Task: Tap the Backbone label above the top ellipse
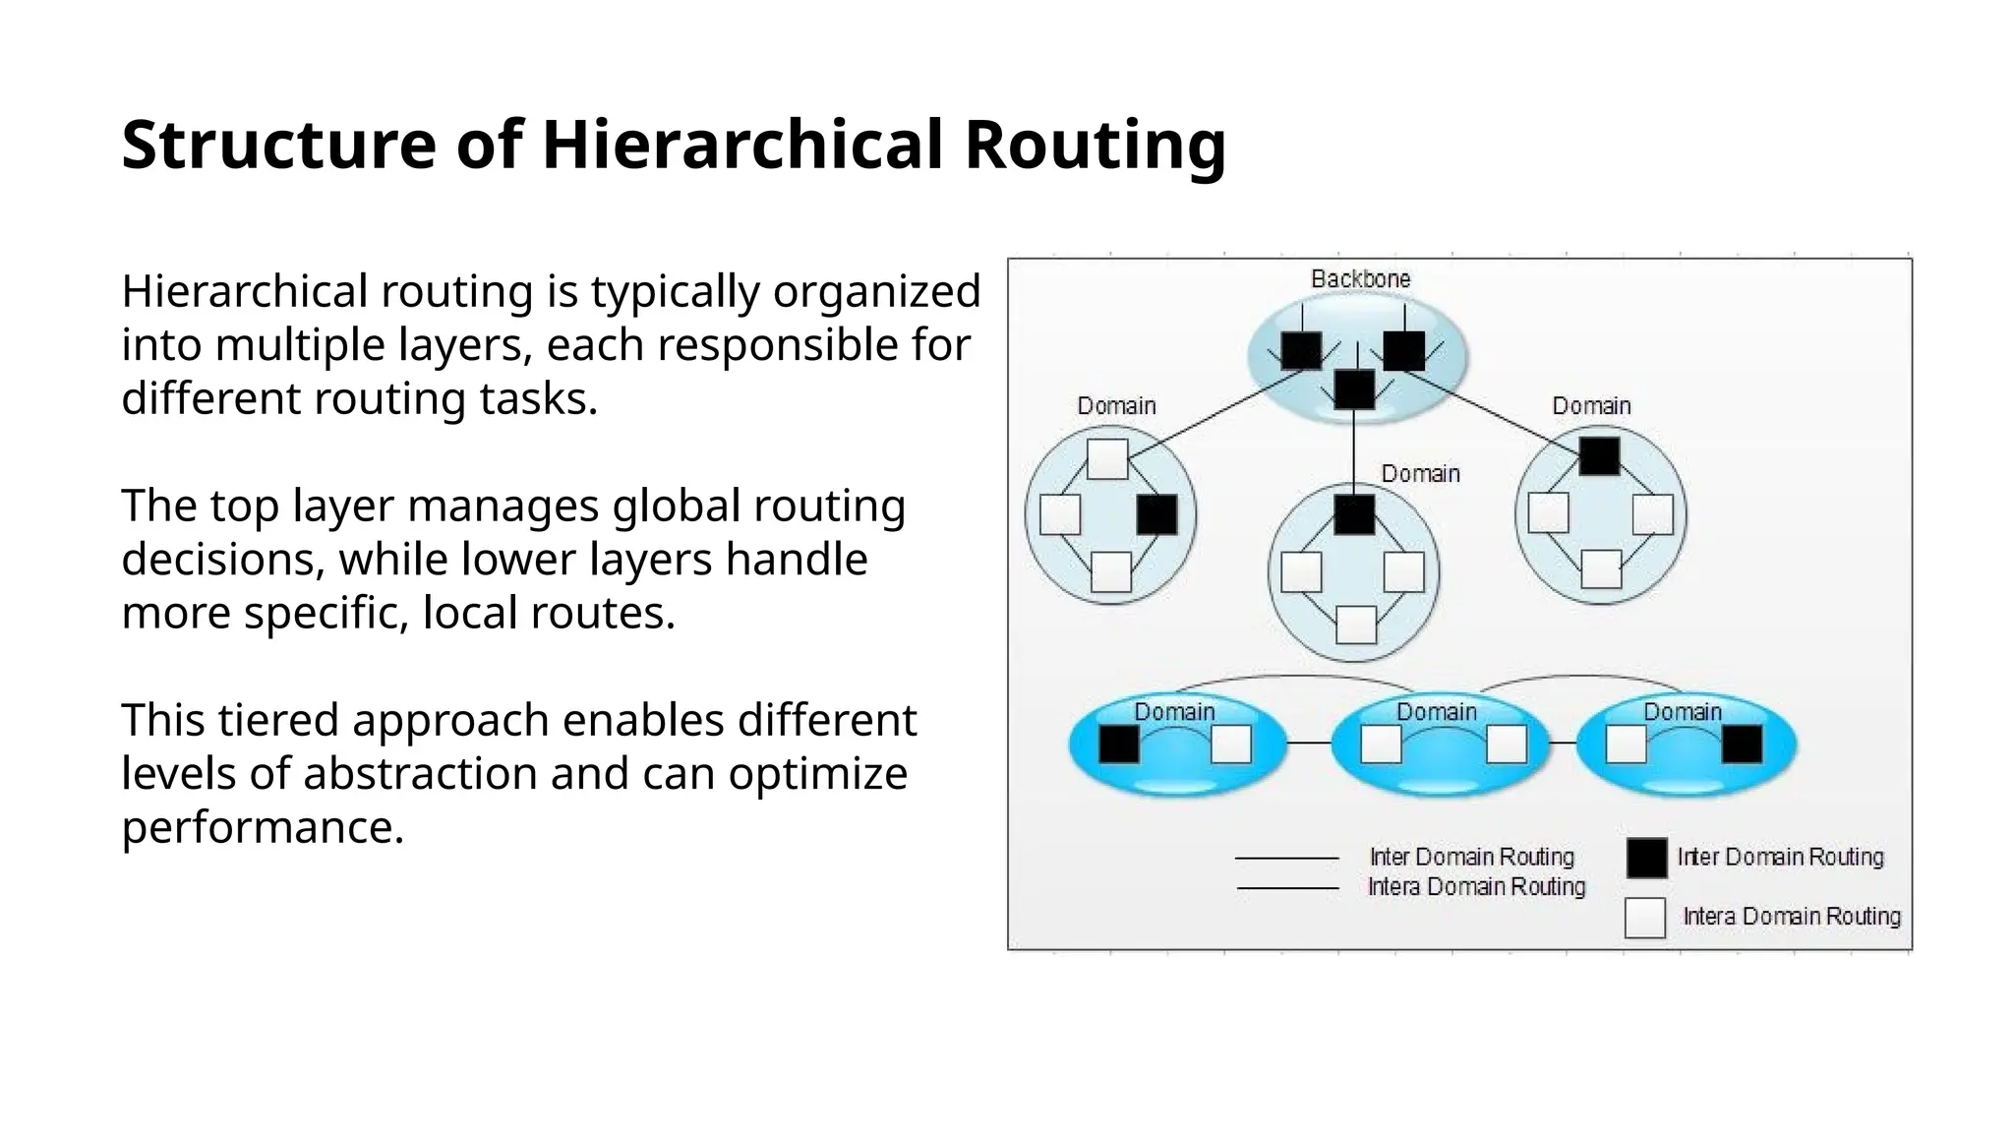(x=1360, y=279)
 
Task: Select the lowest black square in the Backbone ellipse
(x=1354, y=389)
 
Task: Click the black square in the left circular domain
(x=1156, y=514)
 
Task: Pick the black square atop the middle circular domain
(x=1354, y=514)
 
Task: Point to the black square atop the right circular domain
(x=1599, y=456)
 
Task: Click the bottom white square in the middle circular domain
(x=1356, y=625)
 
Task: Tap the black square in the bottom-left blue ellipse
(x=1118, y=745)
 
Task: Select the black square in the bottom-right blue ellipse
(x=1742, y=745)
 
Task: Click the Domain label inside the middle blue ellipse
(x=1437, y=712)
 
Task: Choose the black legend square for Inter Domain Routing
(x=1646, y=858)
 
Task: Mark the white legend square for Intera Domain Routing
(x=1645, y=918)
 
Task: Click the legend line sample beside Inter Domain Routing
(x=1286, y=859)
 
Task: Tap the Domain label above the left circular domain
(x=1116, y=406)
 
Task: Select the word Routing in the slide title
(x=1095, y=145)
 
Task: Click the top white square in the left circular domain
(x=1107, y=459)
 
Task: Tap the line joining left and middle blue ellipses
(x=1308, y=743)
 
